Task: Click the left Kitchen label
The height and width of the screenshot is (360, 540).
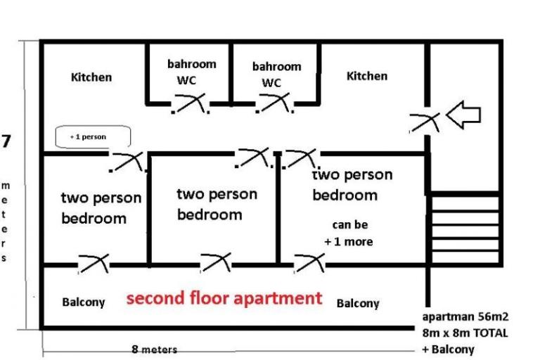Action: tap(91, 77)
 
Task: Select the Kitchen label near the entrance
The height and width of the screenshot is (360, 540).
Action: tap(366, 76)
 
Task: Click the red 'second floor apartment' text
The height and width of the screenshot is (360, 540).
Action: tap(224, 298)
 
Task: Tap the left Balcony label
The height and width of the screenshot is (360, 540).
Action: tap(84, 302)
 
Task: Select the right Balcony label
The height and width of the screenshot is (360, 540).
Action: tap(358, 303)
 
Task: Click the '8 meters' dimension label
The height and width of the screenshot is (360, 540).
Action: tap(154, 349)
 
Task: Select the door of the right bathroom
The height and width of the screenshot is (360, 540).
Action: tap(274, 103)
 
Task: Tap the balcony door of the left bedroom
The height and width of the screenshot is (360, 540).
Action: tap(94, 264)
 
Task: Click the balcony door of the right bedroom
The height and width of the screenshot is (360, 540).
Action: tap(309, 264)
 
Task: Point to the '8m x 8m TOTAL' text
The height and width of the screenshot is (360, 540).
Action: tap(465, 333)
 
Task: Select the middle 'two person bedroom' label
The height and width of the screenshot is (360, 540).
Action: tap(217, 203)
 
